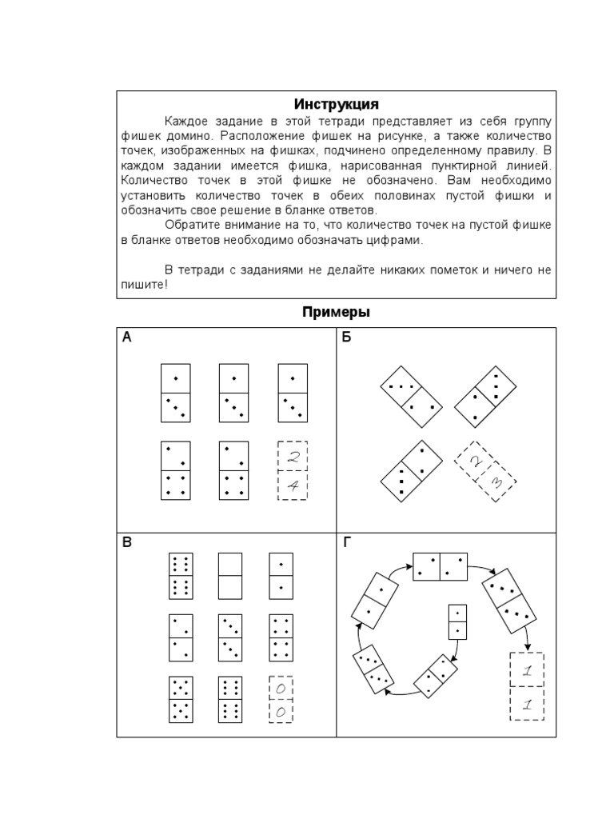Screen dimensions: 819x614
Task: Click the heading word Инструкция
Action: pyautogui.click(x=336, y=105)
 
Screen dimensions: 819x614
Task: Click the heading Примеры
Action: pyautogui.click(x=336, y=312)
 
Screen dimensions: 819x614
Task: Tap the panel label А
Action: pyautogui.click(x=126, y=338)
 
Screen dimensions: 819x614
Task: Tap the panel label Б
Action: pyautogui.click(x=347, y=338)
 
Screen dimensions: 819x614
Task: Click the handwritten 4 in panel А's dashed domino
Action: pyautogui.click(x=293, y=486)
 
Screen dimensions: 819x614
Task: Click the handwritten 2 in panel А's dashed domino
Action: pyautogui.click(x=293, y=457)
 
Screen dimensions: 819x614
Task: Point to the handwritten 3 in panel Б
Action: pyautogui.click(x=496, y=483)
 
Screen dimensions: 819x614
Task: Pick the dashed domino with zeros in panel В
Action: pyautogui.click(x=281, y=701)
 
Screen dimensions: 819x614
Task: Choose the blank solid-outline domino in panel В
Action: pyautogui.click(x=229, y=576)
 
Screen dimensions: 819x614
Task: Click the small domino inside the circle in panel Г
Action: pyautogui.click(x=457, y=621)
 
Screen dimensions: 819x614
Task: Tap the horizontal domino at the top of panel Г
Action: pyautogui.click(x=441, y=566)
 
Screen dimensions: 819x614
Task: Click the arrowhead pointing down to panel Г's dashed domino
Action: pyautogui.click(x=528, y=649)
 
